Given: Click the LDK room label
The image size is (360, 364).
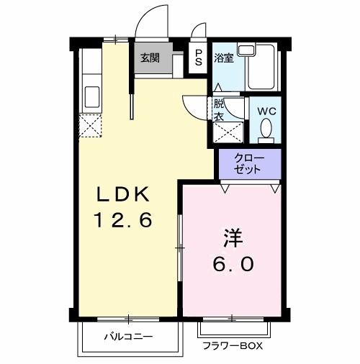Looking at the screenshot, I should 124,194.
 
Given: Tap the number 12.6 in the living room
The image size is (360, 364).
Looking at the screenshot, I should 124,220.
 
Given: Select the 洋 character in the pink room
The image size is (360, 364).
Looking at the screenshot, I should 230,237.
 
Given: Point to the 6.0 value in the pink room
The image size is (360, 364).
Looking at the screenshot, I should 232,264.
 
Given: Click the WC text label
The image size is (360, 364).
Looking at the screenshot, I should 267,112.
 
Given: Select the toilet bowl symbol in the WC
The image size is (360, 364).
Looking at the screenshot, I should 266,129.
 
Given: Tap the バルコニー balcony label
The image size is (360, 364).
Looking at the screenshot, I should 127,336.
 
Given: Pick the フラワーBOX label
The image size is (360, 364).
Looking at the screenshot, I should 232,347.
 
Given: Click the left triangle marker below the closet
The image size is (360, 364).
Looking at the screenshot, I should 225,189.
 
